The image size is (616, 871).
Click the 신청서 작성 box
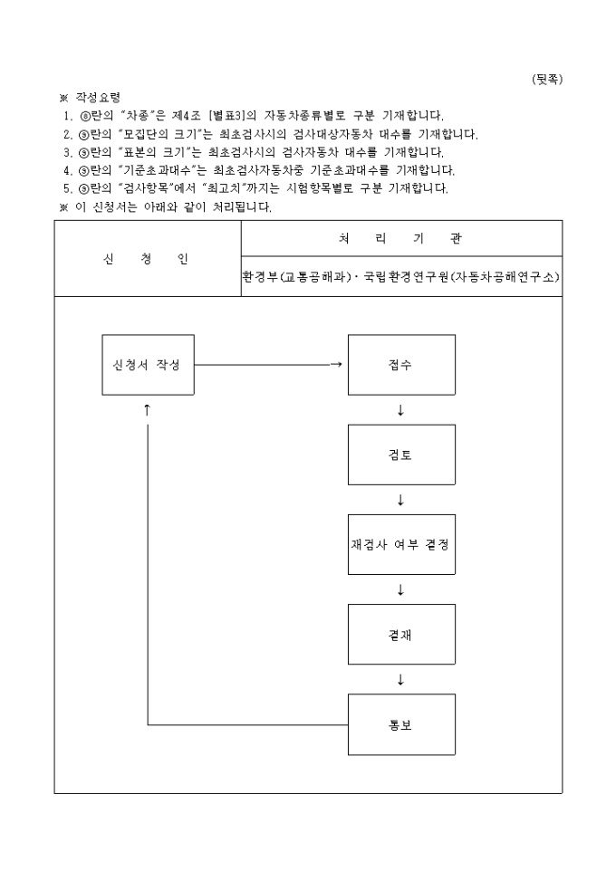click(x=148, y=365)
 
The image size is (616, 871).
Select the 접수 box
click(x=401, y=365)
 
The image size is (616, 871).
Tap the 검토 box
click(x=401, y=455)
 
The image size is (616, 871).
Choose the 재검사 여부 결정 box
click(x=401, y=545)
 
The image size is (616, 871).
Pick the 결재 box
click(x=401, y=635)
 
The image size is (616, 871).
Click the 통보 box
click(x=401, y=724)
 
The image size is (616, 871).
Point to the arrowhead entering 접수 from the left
click(x=337, y=365)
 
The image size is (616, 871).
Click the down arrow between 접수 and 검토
click(x=400, y=410)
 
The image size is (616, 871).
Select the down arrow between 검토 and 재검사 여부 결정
click(x=400, y=500)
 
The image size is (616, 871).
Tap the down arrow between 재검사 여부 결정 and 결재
click(x=400, y=590)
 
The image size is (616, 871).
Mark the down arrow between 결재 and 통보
click(x=400, y=680)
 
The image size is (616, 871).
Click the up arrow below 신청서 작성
click(x=147, y=409)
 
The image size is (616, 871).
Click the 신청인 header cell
click(x=148, y=259)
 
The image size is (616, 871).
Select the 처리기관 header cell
click(x=400, y=238)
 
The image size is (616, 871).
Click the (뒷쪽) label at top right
click(x=546, y=79)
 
